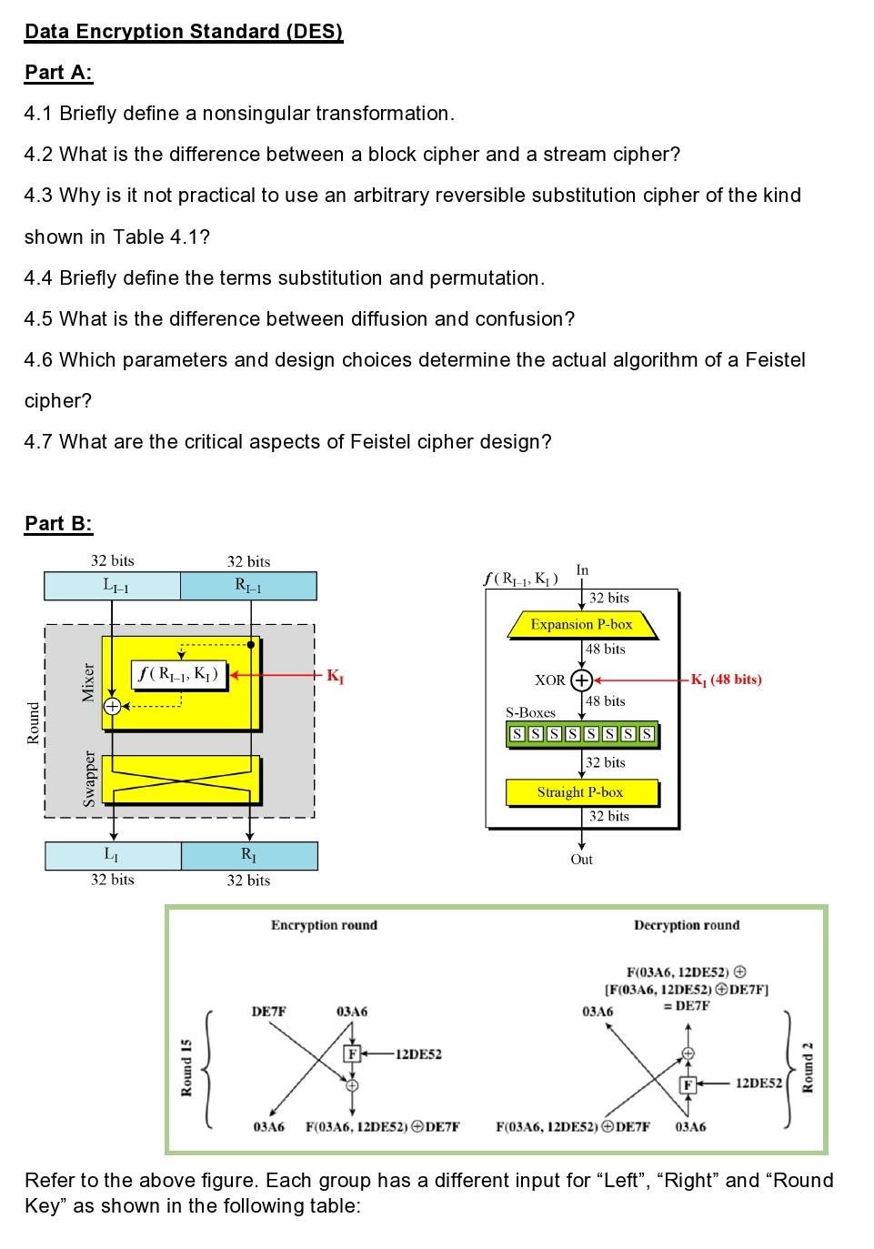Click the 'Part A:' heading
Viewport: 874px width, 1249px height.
[x=58, y=73]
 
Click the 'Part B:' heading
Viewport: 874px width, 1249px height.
[x=58, y=523]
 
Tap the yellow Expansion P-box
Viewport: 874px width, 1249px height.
[x=581, y=625]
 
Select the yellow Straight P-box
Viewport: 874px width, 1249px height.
[x=581, y=792]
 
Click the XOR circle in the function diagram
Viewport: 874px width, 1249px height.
[x=581, y=680]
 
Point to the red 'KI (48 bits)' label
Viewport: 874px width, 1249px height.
[x=726, y=680]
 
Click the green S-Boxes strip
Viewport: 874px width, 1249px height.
[x=581, y=734]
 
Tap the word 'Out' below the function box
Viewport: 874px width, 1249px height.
[x=581, y=860]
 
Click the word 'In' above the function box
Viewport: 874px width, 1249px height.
[x=582, y=570]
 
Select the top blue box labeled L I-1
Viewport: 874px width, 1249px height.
[x=113, y=586]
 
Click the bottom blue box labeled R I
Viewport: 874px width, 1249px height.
[x=249, y=855]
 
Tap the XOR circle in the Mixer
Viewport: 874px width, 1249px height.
[x=112, y=706]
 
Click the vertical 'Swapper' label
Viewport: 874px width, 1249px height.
[x=89, y=778]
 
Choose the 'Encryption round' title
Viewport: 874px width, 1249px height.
[x=324, y=925]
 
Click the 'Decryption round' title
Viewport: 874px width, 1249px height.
[x=687, y=925]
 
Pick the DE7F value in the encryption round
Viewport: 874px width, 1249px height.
[x=268, y=1012]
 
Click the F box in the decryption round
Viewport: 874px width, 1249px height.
[x=688, y=1084]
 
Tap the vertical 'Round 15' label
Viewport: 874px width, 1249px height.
[x=186, y=1067]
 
